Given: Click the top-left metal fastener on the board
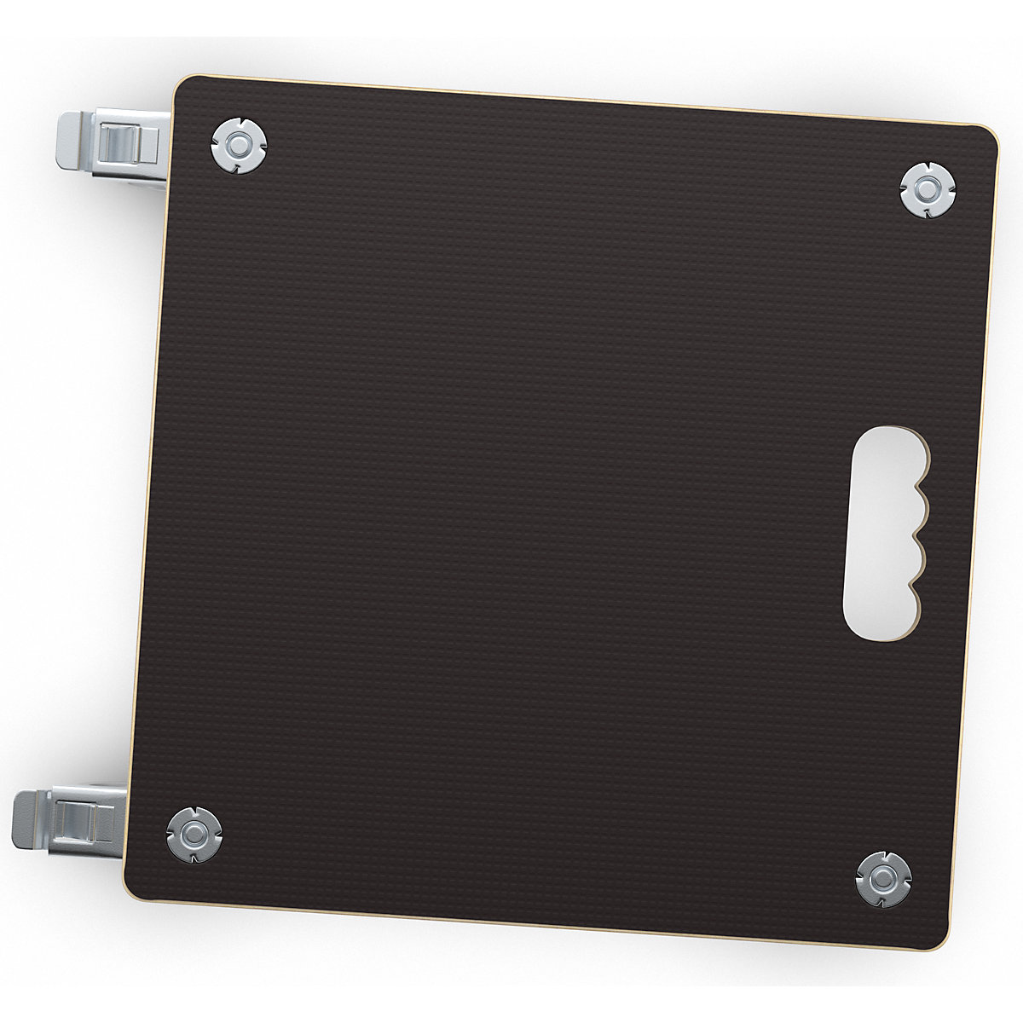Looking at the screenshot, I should (x=239, y=147).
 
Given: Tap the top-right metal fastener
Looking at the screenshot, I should (x=928, y=188).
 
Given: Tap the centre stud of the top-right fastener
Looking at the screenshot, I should (x=928, y=188).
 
